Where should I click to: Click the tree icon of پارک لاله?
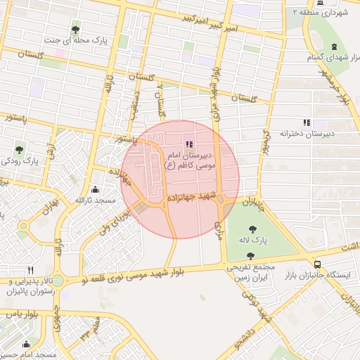[252, 226]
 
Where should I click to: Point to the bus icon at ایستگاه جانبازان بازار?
[318, 264]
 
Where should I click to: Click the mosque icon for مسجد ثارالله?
[95, 189]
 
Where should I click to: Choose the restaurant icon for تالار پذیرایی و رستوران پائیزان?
[30, 270]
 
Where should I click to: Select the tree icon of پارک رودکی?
[19, 149]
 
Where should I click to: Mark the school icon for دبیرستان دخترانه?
[306, 122]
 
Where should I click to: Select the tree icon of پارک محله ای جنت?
[76, 29]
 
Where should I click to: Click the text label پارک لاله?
[252, 240]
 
